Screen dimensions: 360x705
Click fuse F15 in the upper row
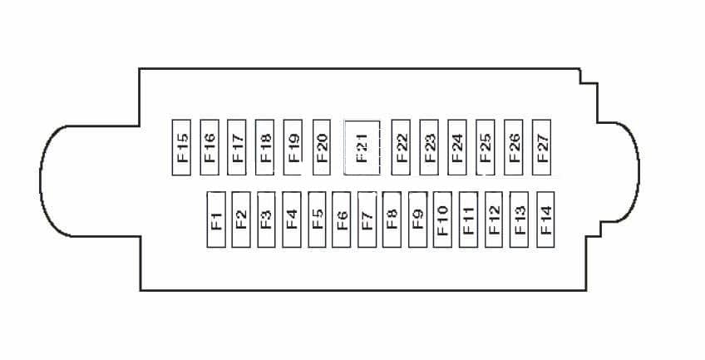(x=183, y=147)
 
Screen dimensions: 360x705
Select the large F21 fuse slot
(x=362, y=147)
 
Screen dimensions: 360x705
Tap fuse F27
(x=542, y=147)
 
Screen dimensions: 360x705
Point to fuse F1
(x=215, y=219)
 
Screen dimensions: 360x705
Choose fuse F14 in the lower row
(x=545, y=219)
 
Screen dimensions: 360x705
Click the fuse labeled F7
(x=367, y=219)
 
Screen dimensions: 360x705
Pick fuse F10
(x=442, y=219)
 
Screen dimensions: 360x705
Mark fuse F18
(x=265, y=147)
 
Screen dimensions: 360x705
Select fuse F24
(x=456, y=147)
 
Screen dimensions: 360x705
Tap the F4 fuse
(x=291, y=219)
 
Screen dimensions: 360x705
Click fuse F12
(x=494, y=219)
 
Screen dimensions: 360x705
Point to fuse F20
(x=322, y=147)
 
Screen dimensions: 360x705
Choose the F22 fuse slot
(x=401, y=147)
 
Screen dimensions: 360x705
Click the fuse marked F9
(x=417, y=219)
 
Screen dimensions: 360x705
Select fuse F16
(x=210, y=147)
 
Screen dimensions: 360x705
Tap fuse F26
(x=514, y=147)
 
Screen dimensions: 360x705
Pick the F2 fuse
(x=241, y=219)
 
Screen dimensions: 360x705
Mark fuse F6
(x=341, y=219)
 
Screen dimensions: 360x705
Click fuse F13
(x=519, y=219)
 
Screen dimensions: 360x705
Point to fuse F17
(x=237, y=147)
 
